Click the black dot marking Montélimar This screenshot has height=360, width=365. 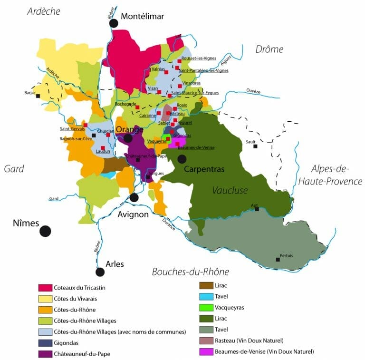coord(113,23)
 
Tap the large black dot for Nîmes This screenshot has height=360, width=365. coord(45,231)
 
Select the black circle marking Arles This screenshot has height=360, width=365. coord(100,272)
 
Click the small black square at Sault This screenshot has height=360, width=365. coord(255,146)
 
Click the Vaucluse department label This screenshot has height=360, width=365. coord(230,190)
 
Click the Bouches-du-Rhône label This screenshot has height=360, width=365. coord(191,272)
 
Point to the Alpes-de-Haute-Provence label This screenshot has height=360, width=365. coord(330,175)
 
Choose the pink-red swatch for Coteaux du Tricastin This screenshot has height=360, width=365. coord(45,288)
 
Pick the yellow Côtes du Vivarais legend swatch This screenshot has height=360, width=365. coord(45,299)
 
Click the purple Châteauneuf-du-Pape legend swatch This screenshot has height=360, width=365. coord(45,353)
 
